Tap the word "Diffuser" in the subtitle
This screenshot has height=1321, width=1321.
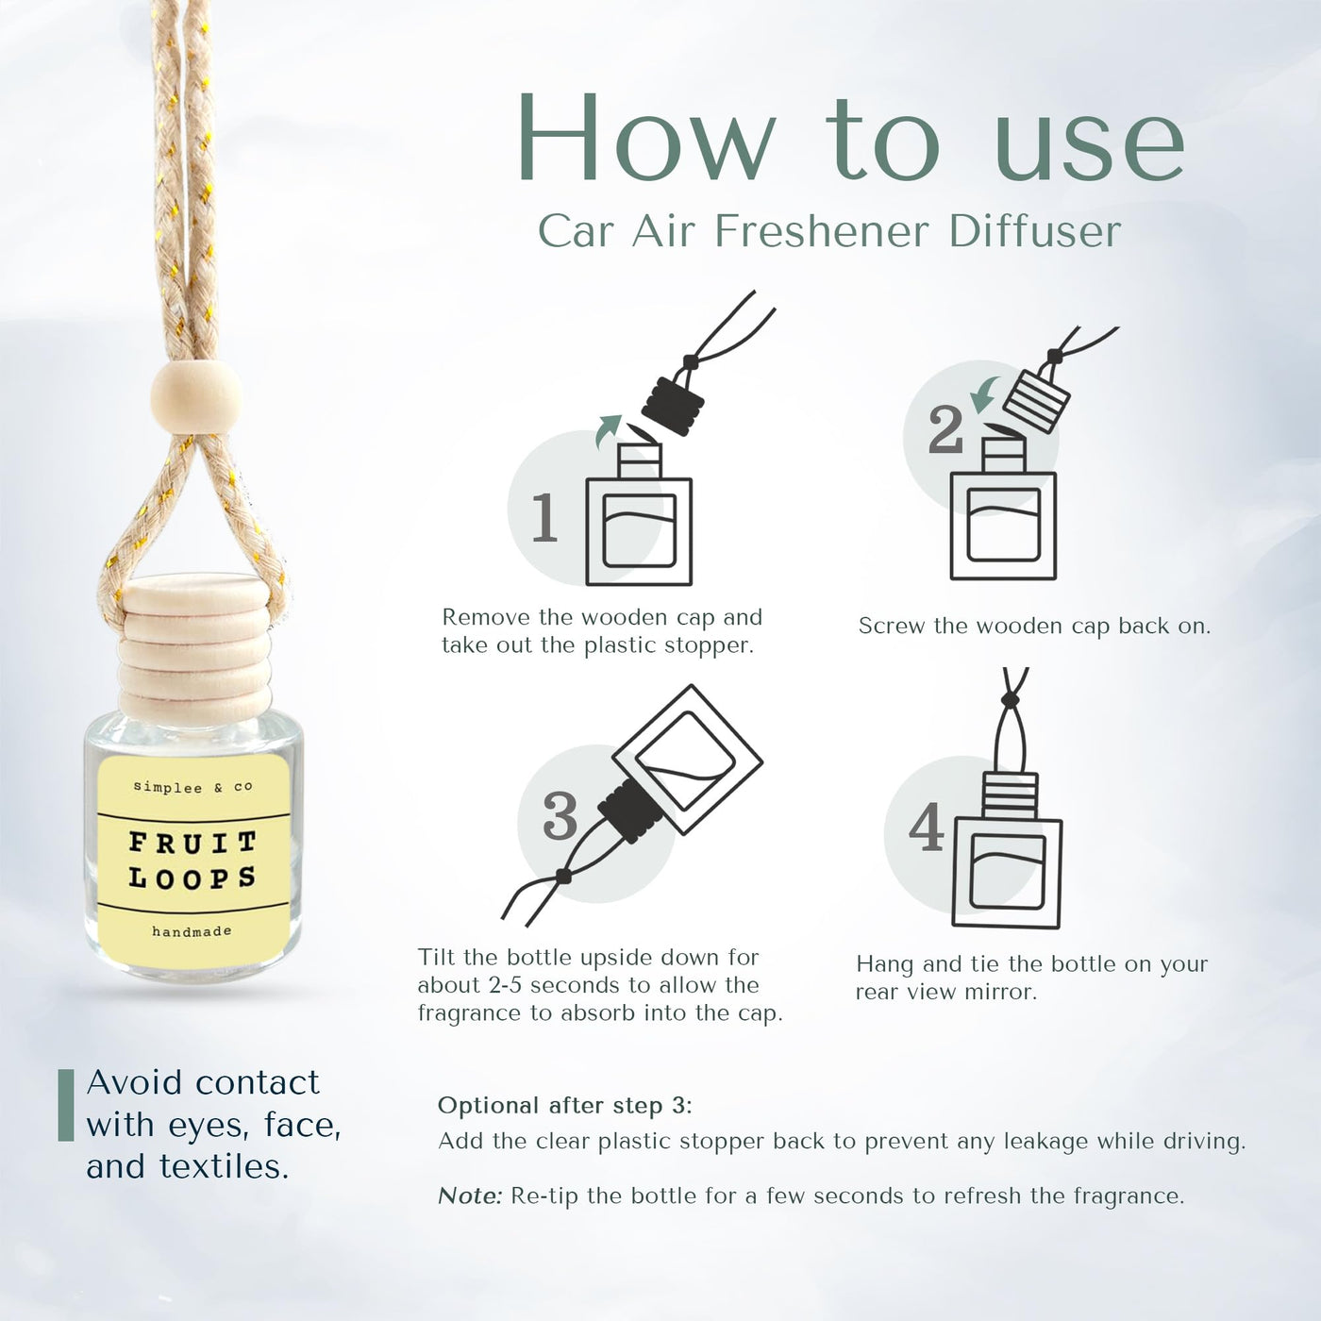(1035, 232)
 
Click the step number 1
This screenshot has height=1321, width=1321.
(545, 518)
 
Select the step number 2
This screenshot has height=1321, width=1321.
(945, 429)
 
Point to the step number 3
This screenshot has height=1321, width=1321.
(560, 816)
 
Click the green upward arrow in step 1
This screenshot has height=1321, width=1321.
(608, 431)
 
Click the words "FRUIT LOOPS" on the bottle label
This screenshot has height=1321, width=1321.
(192, 860)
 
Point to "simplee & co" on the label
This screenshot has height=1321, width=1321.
(193, 786)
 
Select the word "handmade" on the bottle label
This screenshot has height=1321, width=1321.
(192, 931)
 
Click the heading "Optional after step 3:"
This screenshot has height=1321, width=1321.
(565, 1104)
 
